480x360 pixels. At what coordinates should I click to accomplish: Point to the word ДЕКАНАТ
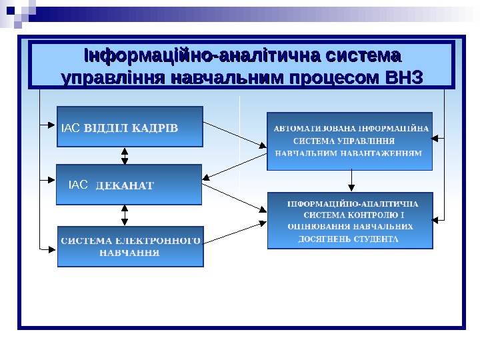[x=125, y=185]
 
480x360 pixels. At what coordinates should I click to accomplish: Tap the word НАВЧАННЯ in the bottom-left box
[x=129, y=253]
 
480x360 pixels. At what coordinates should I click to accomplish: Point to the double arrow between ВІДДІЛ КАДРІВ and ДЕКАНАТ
[x=125, y=155]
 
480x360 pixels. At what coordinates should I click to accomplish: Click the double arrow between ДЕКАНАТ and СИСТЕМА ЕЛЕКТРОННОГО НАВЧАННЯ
[x=125, y=215]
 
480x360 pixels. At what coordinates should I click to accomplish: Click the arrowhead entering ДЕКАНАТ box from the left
[x=53, y=179]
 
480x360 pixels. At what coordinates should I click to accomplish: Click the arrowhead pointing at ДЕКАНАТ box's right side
[x=207, y=177]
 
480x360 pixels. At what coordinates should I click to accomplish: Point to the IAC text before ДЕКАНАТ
[x=79, y=184]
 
